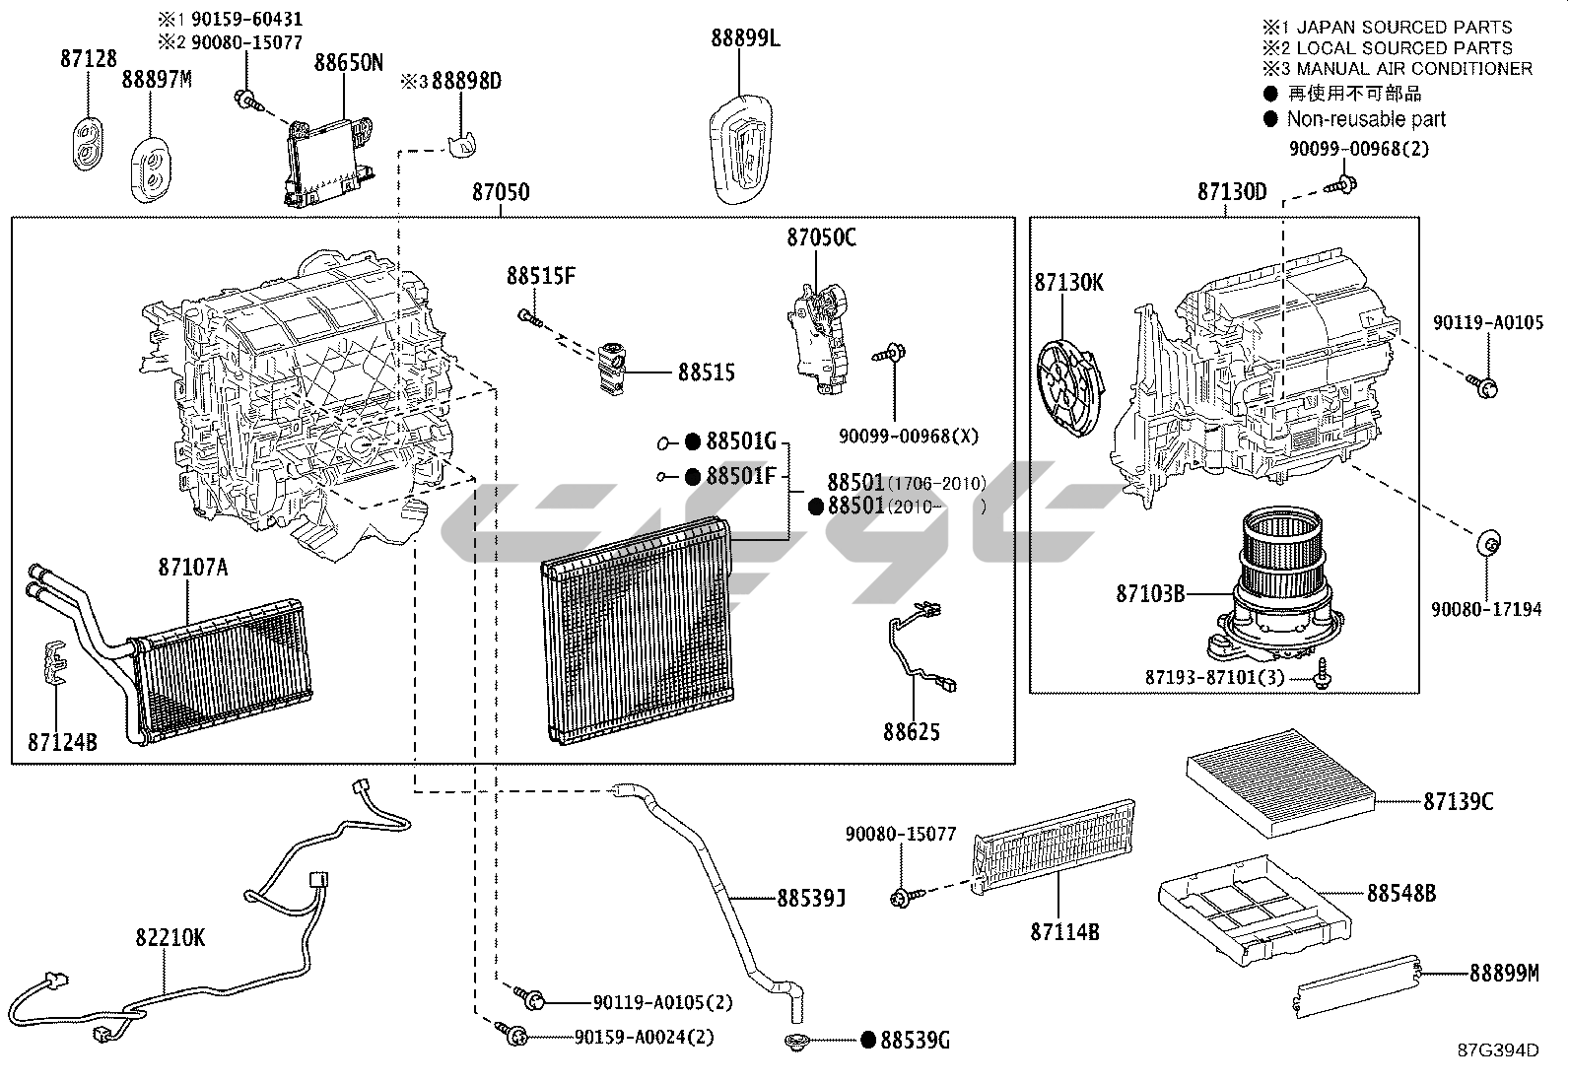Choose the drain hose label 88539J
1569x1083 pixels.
click(x=811, y=898)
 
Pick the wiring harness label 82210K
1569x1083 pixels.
click(x=171, y=937)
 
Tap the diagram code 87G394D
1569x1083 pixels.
click(x=1498, y=1049)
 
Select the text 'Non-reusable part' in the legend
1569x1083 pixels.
click(x=1366, y=119)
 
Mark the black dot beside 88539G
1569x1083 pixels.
click(x=868, y=1040)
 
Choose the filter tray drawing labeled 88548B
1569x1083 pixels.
click(x=1255, y=904)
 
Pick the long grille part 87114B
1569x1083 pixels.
click(x=1055, y=850)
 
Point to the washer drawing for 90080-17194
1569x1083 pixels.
click(x=1489, y=543)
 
